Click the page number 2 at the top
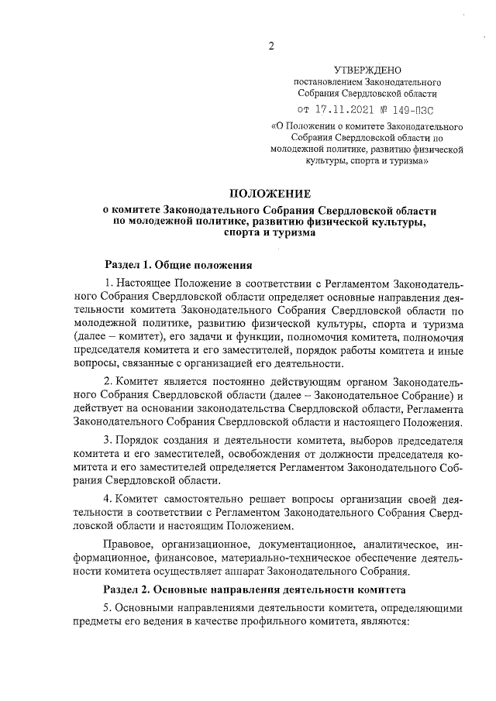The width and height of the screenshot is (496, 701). (x=271, y=45)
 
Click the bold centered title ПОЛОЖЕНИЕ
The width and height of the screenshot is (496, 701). (x=269, y=193)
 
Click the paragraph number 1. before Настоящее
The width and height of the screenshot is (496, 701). (x=109, y=287)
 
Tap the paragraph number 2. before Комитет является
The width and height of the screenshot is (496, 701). (x=109, y=383)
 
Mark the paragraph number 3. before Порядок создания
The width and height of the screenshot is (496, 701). (x=109, y=440)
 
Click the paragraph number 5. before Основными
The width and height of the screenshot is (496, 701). (x=109, y=610)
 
